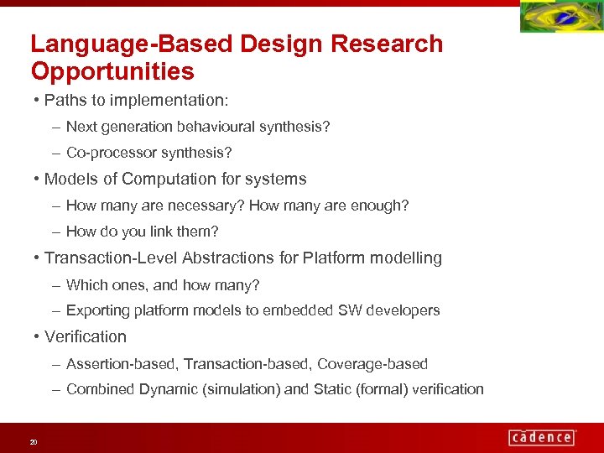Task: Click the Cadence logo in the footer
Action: [542, 437]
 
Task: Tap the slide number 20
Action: [34, 442]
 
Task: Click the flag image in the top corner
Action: [560, 17]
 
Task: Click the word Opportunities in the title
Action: [112, 71]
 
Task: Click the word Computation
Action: [175, 179]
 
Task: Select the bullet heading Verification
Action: [85, 336]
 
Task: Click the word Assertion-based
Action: [122, 364]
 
